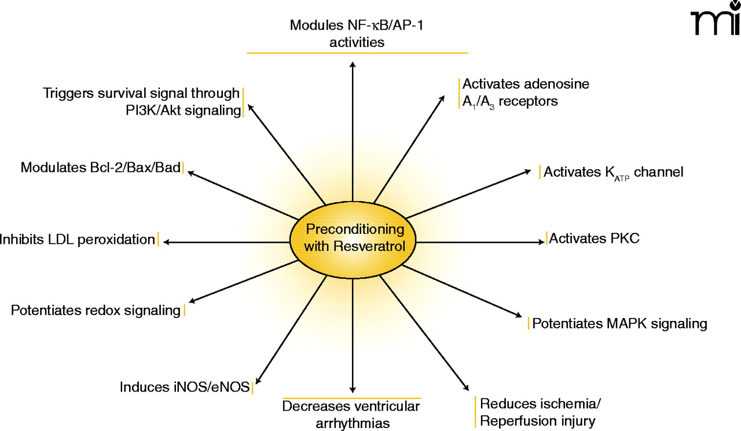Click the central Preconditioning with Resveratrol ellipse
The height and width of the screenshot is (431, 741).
point(353,238)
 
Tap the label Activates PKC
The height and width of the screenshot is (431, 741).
point(594,238)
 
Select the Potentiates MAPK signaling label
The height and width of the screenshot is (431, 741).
point(619,323)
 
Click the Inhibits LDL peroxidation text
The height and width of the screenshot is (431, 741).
point(78,239)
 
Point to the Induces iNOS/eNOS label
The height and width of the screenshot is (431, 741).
point(185,386)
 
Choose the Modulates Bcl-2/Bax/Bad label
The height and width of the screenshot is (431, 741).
point(101,167)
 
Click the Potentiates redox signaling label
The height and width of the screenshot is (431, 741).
point(96,311)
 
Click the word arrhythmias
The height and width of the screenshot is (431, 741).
point(353,422)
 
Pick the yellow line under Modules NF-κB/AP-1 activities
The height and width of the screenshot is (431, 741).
point(357,53)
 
